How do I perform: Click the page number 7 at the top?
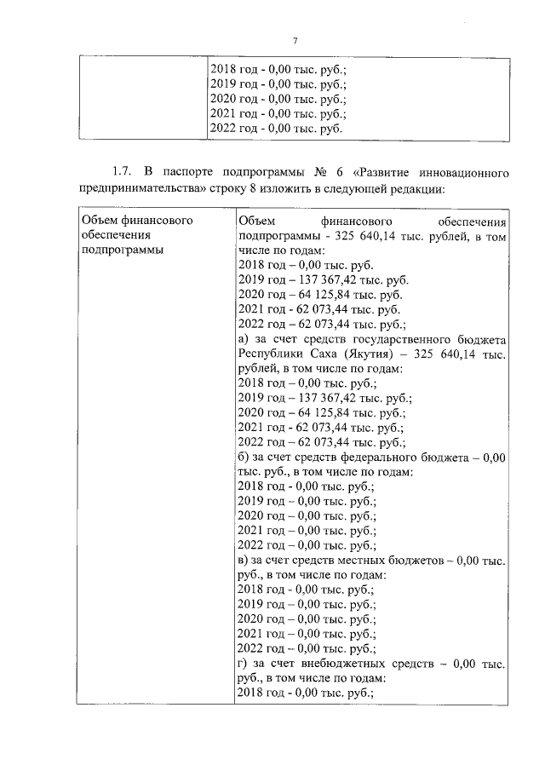(x=295, y=41)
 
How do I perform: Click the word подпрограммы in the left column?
(x=122, y=250)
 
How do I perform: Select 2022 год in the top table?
(x=234, y=129)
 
